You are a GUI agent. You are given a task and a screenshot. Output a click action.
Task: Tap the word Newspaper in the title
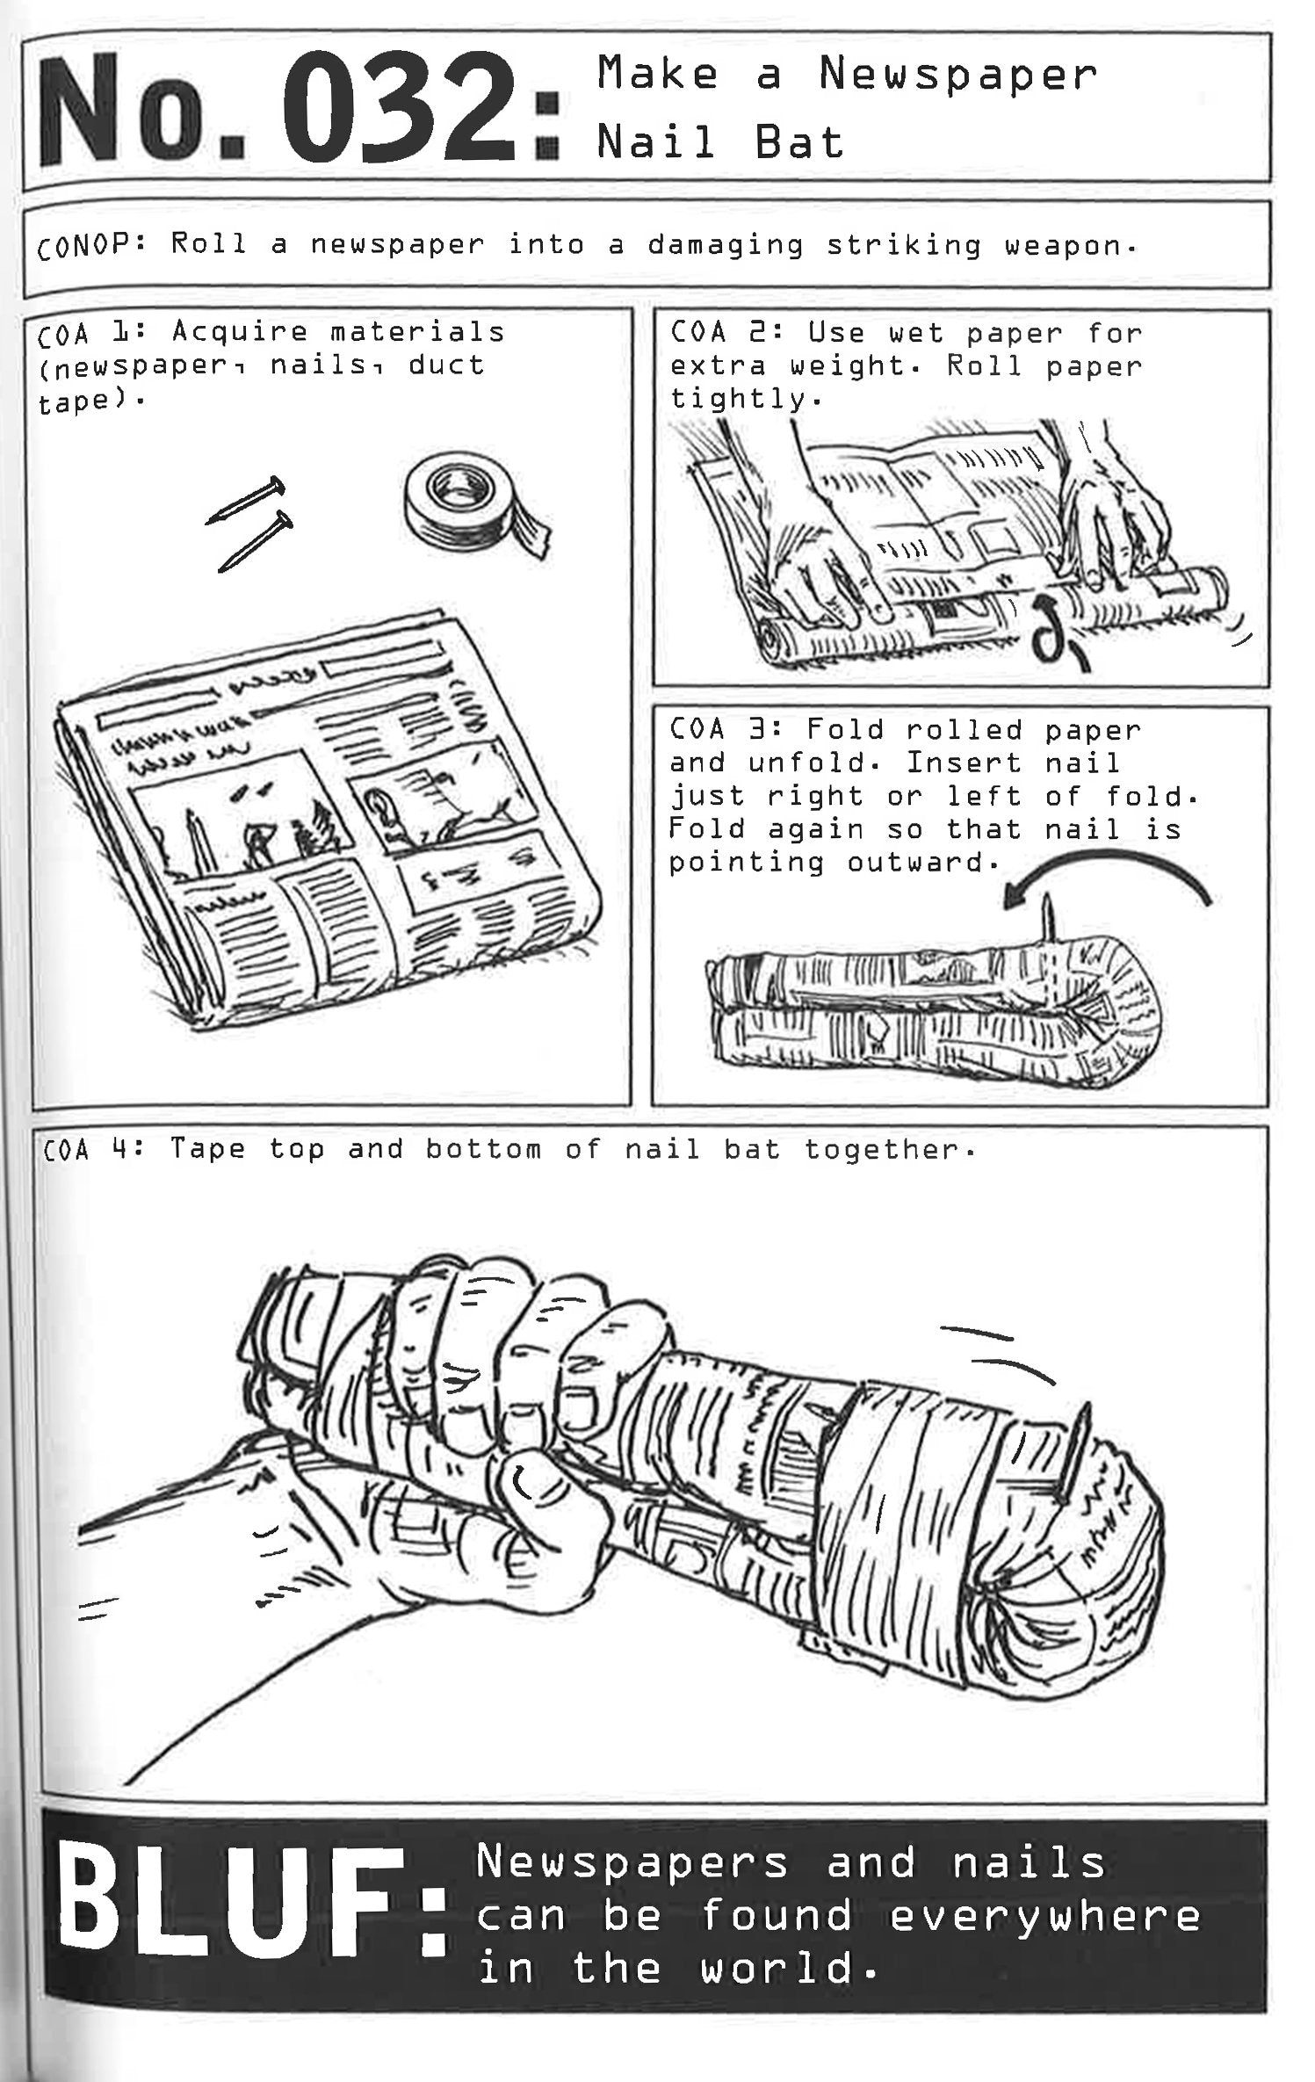click(x=957, y=75)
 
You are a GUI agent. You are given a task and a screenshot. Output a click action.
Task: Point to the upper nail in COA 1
click(x=246, y=501)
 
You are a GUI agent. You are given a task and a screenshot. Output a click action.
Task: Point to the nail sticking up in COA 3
click(x=1048, y=918)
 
